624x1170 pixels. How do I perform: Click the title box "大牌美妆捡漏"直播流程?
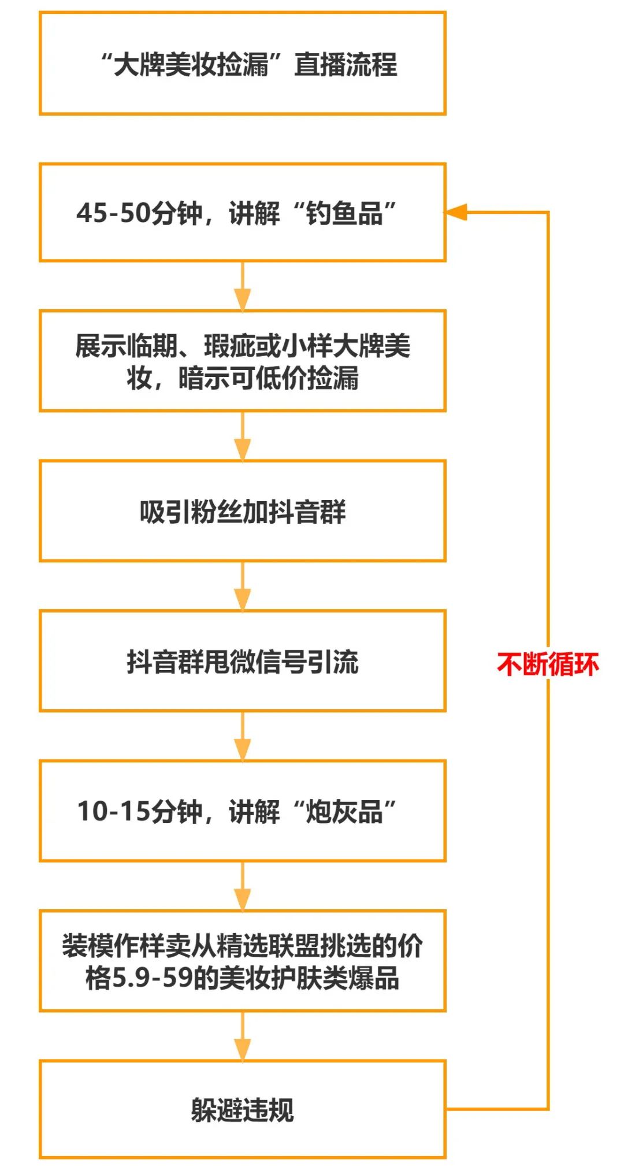click(242, 64)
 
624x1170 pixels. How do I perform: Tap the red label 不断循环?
click(547, 664)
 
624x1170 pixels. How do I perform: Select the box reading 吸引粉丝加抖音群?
click(242, 511)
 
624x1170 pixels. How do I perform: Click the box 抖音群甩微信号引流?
click(242, 661)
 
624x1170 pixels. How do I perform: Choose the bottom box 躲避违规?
click(242, 1109)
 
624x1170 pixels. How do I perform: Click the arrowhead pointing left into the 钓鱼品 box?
click(456, 212)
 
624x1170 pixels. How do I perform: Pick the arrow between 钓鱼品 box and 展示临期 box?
click(242, 287)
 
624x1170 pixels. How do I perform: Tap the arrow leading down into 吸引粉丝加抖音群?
click(242, 437)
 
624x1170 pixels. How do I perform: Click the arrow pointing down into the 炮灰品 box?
click(242, 736)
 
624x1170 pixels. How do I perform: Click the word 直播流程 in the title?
click(346, 64)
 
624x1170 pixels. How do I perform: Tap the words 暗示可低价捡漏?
click(268, 379)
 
